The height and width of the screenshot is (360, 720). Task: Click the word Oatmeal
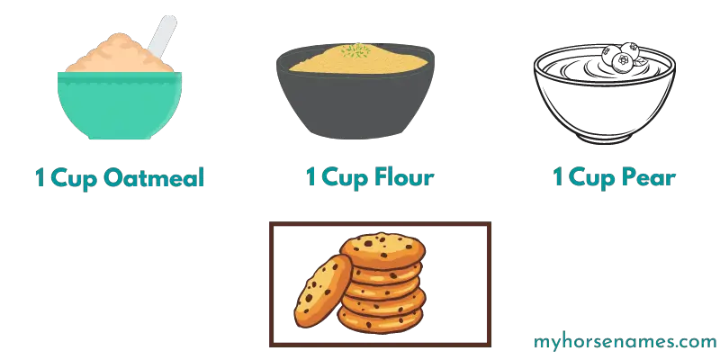click(x=153, y=177)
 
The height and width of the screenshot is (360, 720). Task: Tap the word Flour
click(x=404, y=177)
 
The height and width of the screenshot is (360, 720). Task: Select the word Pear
click(x=648, y=177)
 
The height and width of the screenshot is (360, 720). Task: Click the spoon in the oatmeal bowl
click(x=162, y=37)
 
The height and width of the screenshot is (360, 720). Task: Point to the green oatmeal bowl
click(x=120, y=104)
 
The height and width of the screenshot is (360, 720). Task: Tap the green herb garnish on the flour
click(x=355, y=50)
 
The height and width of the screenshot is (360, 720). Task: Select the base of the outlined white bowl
click(x=605, y=138)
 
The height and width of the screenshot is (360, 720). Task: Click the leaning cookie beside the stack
click(x=322, y=291)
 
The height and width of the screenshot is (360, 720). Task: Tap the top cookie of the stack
click(x=382, y=250)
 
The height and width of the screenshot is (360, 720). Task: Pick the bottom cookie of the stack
click(x=380, y=319)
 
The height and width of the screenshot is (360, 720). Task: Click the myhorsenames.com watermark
click(x=625, y=342)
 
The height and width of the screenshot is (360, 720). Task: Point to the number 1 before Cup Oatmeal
click(x=40, y=178)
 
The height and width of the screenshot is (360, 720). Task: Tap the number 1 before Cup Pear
click(x=558, y=177)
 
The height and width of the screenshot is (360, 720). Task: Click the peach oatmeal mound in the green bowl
click(x=120, y=54)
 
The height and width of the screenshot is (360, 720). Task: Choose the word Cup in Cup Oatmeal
click(x=75, y=178)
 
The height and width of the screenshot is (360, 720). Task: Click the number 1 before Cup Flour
click(x=310, y=177)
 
